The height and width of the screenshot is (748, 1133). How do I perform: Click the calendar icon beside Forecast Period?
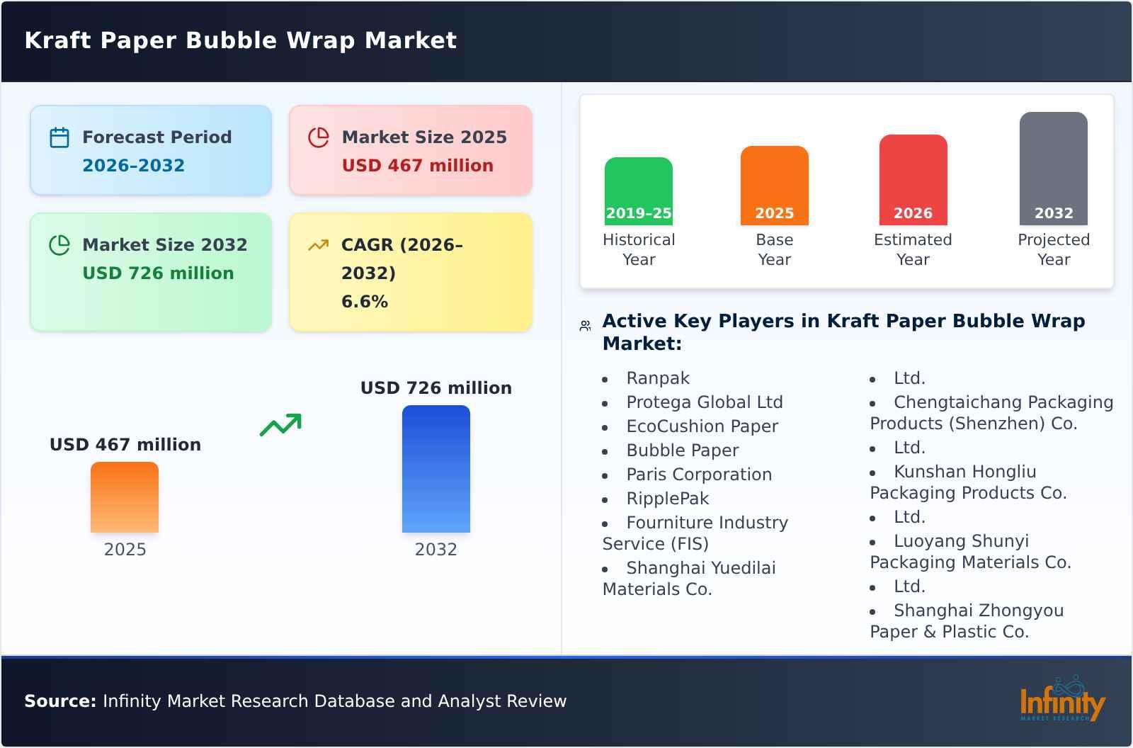[x=59, y=137]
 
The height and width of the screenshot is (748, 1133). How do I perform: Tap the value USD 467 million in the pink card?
[x=417, y=165]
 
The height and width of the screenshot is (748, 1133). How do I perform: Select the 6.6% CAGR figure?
[x=364, y=301]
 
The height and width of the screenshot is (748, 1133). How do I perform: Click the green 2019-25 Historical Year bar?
[x=638, y=191]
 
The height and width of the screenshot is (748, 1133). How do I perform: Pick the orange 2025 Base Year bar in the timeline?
[x=774, y=185]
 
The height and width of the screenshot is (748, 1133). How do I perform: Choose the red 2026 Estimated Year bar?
[x=913, y=179]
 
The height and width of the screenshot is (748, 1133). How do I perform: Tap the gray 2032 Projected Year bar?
[x=1053, y=168]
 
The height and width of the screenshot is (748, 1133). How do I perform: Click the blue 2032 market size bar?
[x=435, y=468]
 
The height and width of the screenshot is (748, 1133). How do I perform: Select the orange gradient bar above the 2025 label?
[x=125, y=497]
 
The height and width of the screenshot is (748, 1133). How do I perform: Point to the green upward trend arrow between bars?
[x=280, y=425]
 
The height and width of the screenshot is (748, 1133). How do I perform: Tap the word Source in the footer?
[x=59, y=701]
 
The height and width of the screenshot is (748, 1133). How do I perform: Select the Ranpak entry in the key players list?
[x=657, y=378]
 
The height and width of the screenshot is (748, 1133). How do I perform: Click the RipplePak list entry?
[x=667, y=499]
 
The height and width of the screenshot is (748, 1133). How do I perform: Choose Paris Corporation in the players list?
[x=698, y=475]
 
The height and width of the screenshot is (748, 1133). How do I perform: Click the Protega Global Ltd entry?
[x=704, y=402]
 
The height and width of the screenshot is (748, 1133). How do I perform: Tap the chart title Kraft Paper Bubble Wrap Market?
[x=241, y=40]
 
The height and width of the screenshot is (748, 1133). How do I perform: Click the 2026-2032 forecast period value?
[x=133, y=165]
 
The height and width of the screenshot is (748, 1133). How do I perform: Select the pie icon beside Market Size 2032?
[x=59, y=245]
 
